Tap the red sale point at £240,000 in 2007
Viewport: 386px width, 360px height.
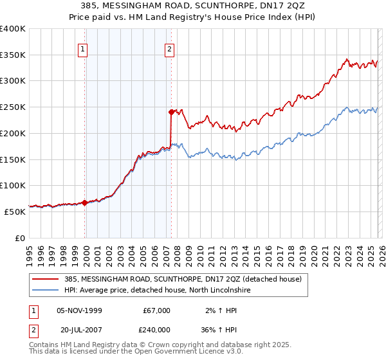pos(171,112)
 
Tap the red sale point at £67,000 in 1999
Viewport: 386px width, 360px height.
pos(84,203)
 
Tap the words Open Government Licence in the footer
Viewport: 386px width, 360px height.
pos(180,353)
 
